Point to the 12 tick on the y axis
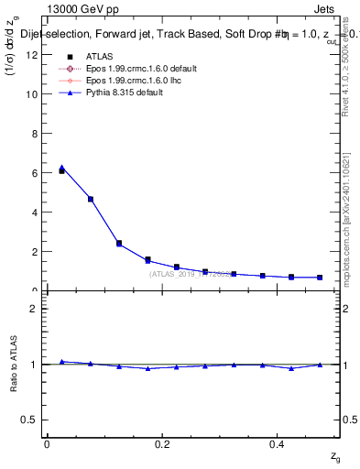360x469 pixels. pos(34,55)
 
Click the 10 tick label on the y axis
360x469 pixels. pos(34,94)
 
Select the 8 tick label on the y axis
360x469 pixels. pos(36,134)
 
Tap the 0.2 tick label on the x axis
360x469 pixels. pos(162,444)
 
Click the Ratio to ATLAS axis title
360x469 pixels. pos(15,363)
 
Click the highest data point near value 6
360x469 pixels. pos(61,170)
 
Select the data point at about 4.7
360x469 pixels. pos(91,199)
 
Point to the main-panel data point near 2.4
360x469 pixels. pos(119,243)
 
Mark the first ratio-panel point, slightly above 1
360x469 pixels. pos(61,362)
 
